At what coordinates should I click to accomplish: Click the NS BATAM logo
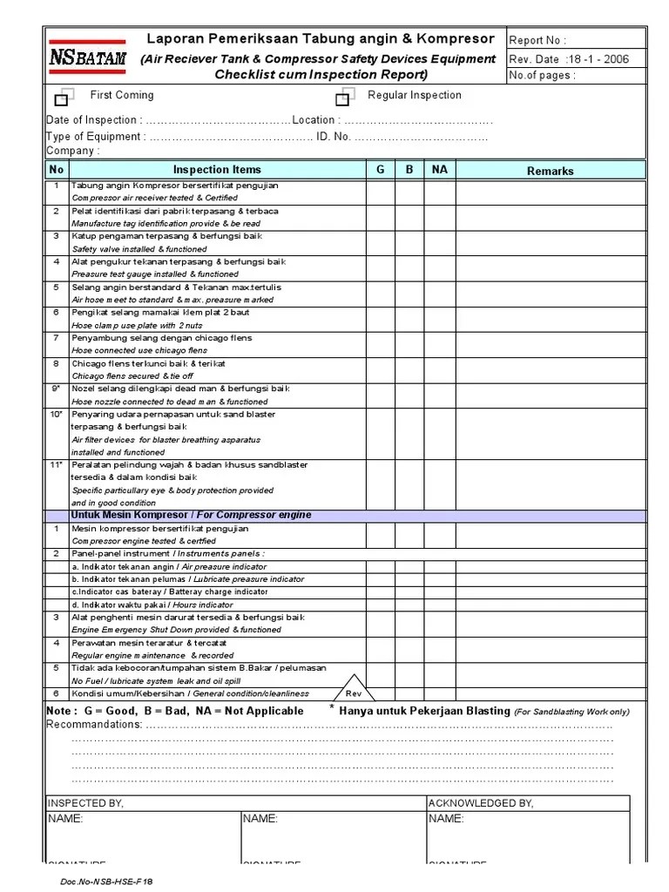(85, 57)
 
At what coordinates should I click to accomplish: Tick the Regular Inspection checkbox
(342, 98)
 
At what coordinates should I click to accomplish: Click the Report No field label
(537, 40)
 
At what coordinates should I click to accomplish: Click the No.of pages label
(541, 75)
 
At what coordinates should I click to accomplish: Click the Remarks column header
(550, 171)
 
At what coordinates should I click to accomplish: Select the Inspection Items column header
(217, 170)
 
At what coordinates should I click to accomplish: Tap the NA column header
(439, 170)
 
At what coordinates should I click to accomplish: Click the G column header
(380, 170)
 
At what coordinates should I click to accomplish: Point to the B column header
(409, 170)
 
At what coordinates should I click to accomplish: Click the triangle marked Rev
(353, 687)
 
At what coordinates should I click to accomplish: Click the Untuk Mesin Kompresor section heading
(190, 515)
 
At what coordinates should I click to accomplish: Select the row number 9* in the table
(56, 389)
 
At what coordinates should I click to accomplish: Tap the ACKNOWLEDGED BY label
(481, 802)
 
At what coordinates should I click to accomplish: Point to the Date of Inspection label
(91, 120)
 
